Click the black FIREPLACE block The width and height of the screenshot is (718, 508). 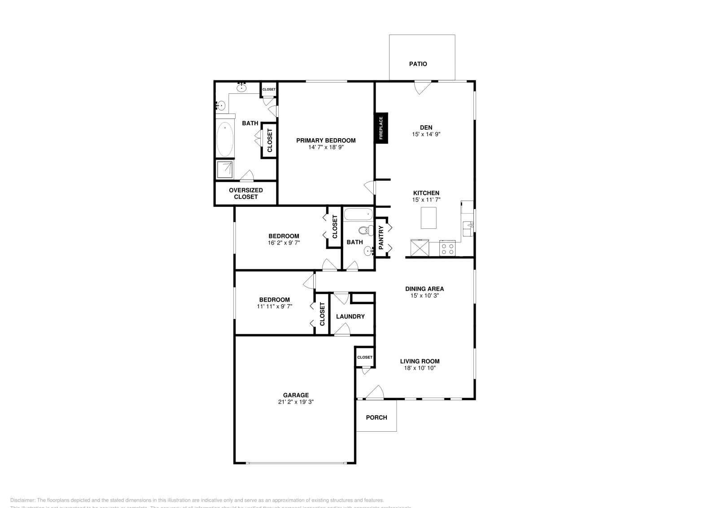point(381,128)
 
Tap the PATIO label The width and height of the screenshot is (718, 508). point(418,64)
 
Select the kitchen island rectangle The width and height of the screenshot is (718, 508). point(429,218)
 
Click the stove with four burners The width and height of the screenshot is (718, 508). point(447,248)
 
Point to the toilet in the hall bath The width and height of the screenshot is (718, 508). point(366,231)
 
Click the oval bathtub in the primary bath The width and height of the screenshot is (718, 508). point(225,140)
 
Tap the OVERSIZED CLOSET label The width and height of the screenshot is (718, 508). point(246,193)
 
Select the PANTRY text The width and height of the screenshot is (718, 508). point(381,238)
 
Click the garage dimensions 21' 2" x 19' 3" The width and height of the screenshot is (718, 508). point(296,402)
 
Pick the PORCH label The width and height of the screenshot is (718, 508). point(376,417)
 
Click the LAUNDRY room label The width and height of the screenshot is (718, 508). point(350,316)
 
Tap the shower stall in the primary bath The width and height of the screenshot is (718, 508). point(224,170)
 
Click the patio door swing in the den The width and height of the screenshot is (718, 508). point(422,87)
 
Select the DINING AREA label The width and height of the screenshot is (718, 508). point(424,289)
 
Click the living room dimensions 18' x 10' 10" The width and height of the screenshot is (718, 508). point(420,368)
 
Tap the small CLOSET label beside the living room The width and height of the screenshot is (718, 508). point(365,357)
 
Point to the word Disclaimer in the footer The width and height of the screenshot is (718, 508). point(22,500)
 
